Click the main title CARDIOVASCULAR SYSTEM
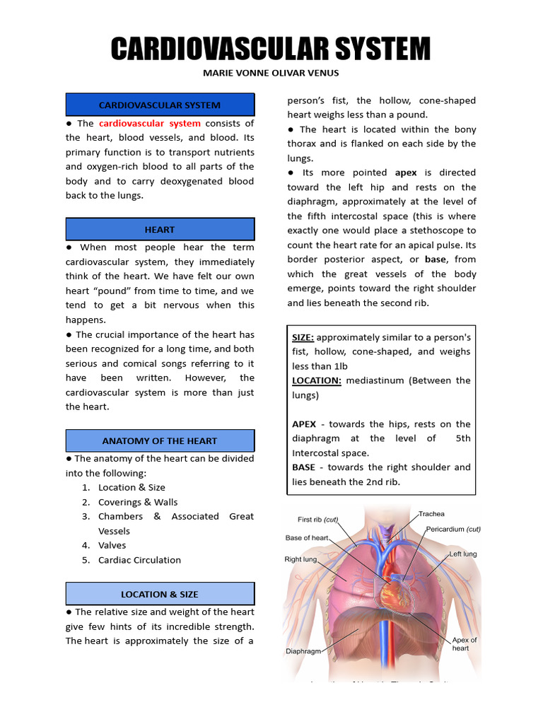coord(271,49)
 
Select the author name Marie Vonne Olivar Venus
coord(271,73)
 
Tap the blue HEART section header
coord(160,230)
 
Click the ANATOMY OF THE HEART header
coord(160,440)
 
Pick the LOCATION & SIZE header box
coord(160,594)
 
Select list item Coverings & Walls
coord(138,502)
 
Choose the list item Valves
coord(112,545)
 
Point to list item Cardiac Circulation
coord(139,560)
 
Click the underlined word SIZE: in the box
coord(304,337)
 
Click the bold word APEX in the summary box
coord(304,424)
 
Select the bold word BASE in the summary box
coord(304,467)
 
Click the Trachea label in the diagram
coord(431,514)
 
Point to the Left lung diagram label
coord(463,554)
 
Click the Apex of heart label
coord(465,643)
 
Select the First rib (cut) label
coord(318,520)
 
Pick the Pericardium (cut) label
coord(453,529)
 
